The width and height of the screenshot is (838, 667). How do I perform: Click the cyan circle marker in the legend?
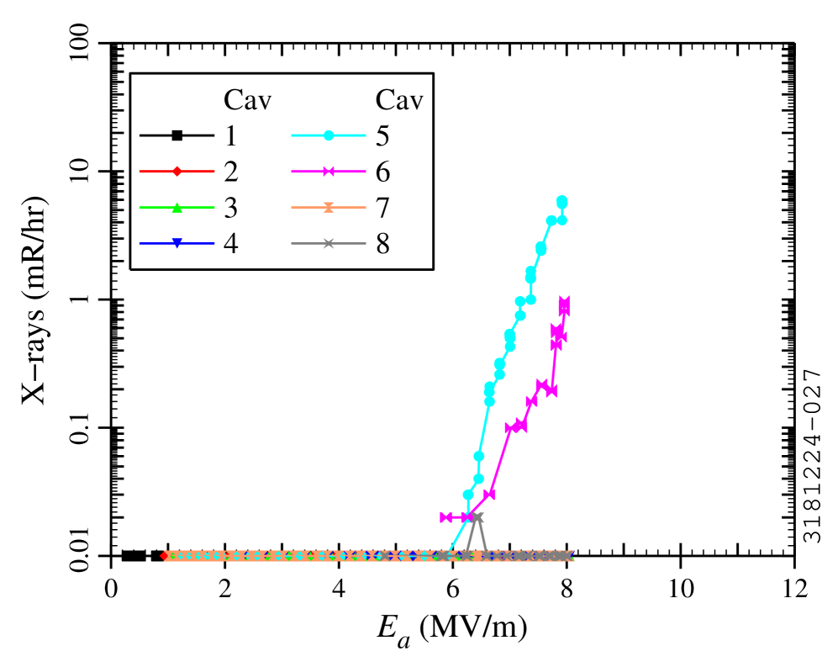tap(329, 135)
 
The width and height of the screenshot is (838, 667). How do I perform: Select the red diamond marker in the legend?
tap(177, 172)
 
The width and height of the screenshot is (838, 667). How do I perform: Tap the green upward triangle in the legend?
tap(177, 207)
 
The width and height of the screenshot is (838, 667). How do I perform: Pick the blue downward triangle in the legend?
tap(177, 243)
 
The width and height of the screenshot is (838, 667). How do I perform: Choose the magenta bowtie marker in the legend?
tap(329, 172)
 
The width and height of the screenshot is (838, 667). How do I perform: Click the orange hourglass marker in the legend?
tap(329, 208)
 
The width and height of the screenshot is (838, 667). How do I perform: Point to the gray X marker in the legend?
tap(329, 243)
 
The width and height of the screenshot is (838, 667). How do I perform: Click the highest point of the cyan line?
tap(561, 201)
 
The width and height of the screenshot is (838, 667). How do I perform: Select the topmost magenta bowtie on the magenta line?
tap(564, 301)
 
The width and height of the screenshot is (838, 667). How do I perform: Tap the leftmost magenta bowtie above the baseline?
tap(445, 517)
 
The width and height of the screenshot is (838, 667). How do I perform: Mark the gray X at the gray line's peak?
tap(477, 517)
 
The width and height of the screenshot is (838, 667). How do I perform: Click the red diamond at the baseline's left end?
tap(165, 556)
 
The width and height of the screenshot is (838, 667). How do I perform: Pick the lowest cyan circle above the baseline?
tap(468, 495)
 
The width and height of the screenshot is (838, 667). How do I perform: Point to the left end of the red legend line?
tap(140, 172)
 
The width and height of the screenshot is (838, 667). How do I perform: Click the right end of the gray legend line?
tap(366, 243)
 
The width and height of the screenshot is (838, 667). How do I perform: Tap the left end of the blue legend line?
tap(140, 243)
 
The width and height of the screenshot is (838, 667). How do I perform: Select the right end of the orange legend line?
tap(366, 208)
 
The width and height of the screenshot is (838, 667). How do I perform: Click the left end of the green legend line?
tap(140, 207)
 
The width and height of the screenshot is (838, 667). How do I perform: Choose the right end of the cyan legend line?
tap(366, 135)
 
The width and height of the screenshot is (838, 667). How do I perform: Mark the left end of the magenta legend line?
tap(292, 172)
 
